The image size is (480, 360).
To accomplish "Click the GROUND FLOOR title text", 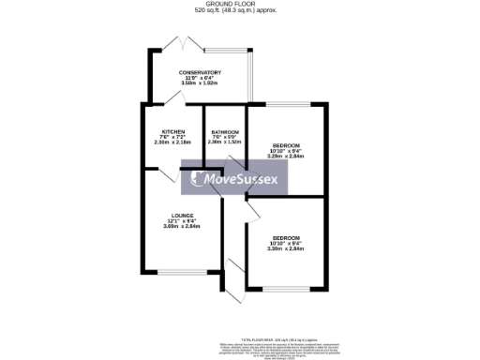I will coord(240,4).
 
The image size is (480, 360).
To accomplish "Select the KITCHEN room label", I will coord(172,132).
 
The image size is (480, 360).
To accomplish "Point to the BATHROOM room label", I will coord(225,132).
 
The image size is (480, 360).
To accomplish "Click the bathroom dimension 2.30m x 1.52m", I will coord(225,143).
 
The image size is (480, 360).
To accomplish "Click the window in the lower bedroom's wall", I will coord(286,287).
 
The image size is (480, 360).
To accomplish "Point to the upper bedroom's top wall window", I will coord(286,104).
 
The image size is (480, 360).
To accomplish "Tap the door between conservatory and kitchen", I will coord(175,99).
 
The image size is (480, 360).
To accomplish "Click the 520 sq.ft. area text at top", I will coord(240,11).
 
